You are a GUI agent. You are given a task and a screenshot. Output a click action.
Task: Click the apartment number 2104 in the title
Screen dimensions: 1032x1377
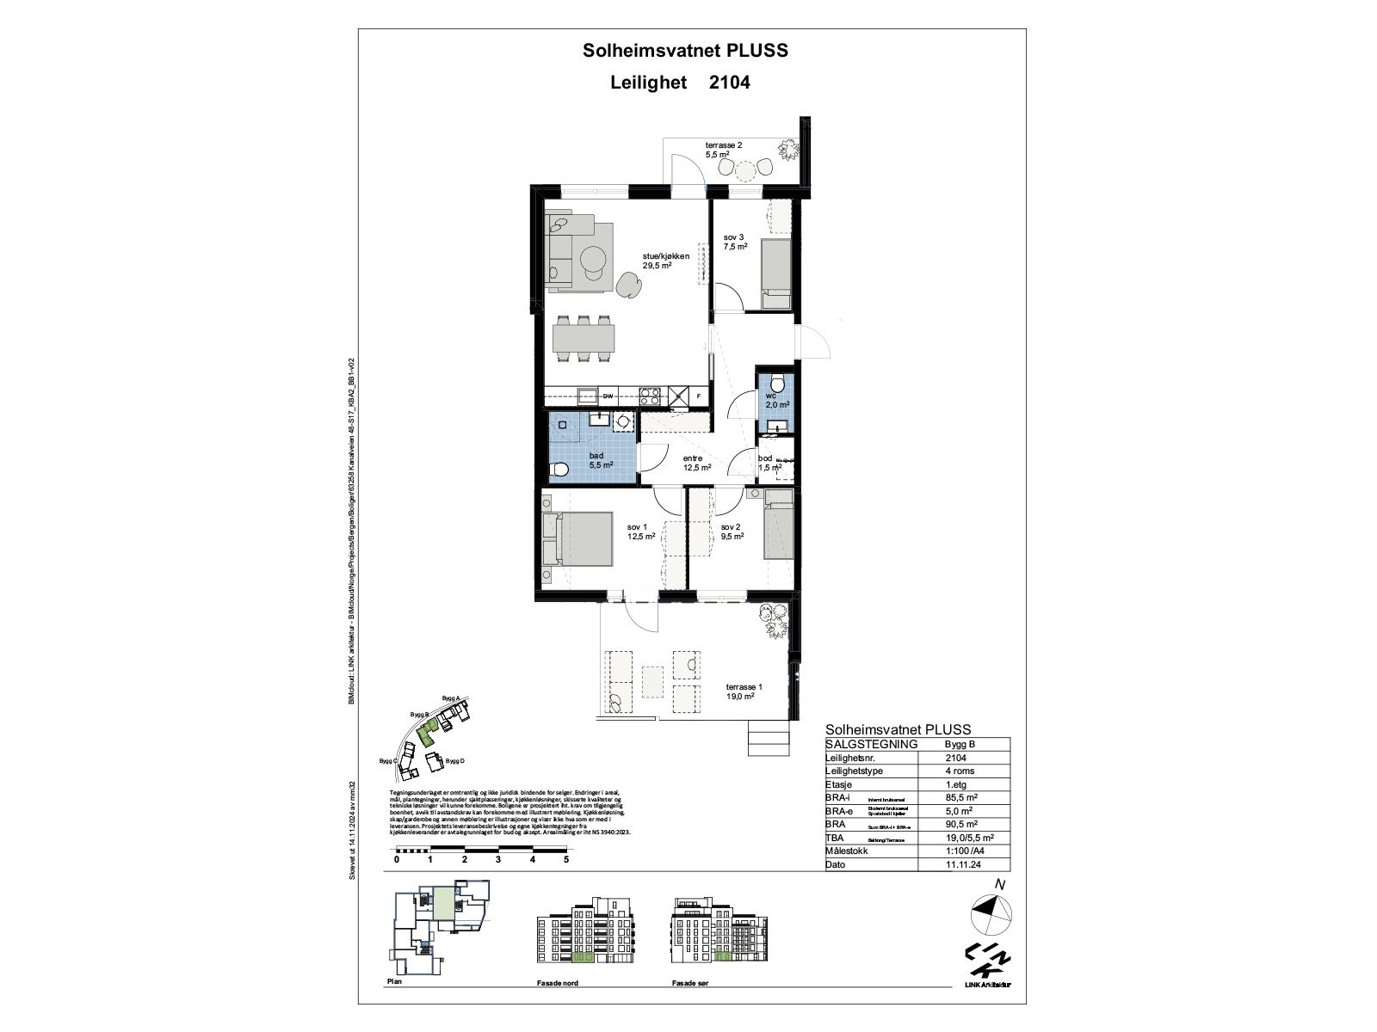click(729, 83)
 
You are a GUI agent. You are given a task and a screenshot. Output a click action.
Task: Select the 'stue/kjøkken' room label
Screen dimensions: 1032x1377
click(666, 255)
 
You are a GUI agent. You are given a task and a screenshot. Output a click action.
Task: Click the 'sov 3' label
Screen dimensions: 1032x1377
click(733, 236)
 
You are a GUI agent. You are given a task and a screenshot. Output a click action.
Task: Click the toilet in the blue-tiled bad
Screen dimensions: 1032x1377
click(559, 470)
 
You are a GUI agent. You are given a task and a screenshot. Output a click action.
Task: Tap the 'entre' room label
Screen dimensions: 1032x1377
click(694, 458)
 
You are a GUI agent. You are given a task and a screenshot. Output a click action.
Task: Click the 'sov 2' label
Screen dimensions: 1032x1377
click(731, 527)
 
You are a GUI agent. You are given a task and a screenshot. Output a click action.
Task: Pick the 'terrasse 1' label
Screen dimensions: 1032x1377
click(744, 687)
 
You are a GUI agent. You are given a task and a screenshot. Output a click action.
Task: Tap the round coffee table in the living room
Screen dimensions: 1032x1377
click(592, 258)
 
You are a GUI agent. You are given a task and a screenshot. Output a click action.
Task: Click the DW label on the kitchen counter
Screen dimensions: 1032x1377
click(608, 396)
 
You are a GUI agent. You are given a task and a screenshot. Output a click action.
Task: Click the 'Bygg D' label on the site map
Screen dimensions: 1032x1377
click(455, 761)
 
